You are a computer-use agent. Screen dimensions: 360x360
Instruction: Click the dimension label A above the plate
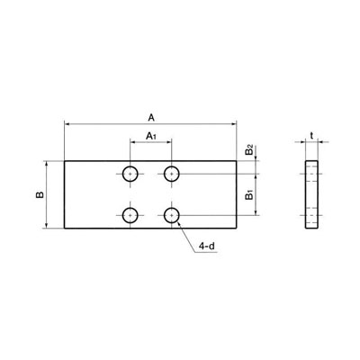coord(151,118)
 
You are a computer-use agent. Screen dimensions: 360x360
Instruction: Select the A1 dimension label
coord(151,136)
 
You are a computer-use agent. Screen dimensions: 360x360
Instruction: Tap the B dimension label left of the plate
coord(40,194)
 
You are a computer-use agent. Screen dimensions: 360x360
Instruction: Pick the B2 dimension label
coord(249,149)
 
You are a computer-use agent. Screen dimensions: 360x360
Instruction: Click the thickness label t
coord(311,136)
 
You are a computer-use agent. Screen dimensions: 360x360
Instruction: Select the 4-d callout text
coord(208,247)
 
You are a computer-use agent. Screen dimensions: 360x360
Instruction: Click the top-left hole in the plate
coord(130,174)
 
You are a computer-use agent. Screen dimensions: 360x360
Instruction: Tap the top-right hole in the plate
coord(171,174)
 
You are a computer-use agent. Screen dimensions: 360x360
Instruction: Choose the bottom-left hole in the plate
coord(130,215)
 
